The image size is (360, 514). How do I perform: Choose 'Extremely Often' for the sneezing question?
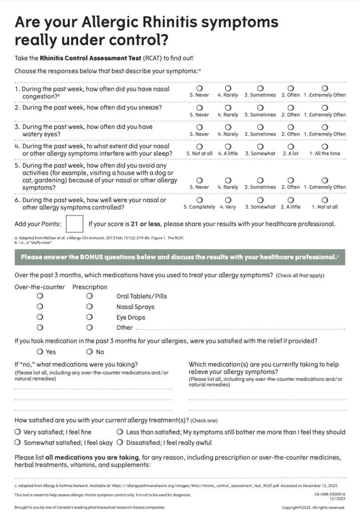tap(324, 107)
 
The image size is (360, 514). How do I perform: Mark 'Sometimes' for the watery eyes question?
tap(260, 127)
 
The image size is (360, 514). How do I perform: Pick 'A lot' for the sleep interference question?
tap(290, 146)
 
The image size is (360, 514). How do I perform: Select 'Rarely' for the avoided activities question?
tap(228, 180)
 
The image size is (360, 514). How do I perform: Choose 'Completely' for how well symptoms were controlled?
tap(199, 200)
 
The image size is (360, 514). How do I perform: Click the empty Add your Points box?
tap(75, 224)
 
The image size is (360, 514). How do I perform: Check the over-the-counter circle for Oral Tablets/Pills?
tap(40, 296)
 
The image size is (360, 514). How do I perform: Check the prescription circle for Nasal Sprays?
tap(89, 307)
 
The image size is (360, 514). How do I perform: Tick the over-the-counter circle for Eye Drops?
tap(40, 317)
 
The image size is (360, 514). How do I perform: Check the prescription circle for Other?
tap(89, 328)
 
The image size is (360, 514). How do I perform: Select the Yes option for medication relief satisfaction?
tap(40, 352)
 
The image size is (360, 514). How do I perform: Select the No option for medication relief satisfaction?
tap(89, 352)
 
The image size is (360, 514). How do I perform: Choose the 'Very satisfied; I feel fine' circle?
tap(18, 432)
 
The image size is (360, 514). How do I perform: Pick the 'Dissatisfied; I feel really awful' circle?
tap(120, 443)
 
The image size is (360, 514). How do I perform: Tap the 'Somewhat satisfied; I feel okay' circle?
tap(18, 443)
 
